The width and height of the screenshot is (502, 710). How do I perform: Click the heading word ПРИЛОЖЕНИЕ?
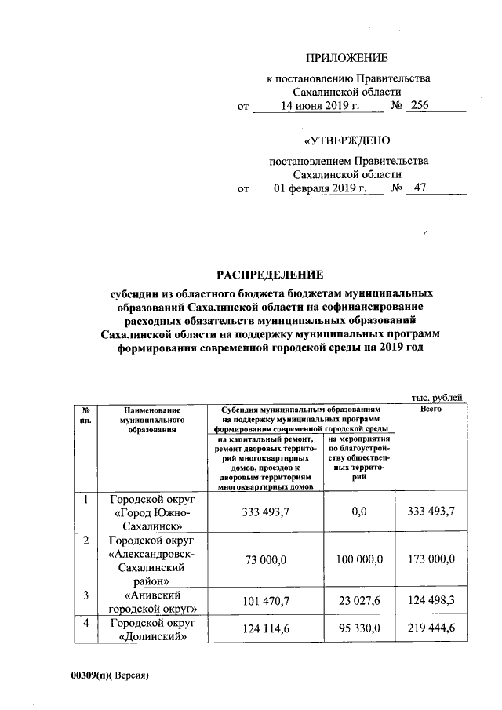coord(346,58)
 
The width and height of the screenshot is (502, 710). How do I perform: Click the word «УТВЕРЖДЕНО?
coord(347,141)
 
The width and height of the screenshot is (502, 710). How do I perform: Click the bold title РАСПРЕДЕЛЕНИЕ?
coord(269,275)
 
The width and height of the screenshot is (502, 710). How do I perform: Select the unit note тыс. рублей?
coord(438,398)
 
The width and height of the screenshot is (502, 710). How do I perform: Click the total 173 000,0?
coord(431,559)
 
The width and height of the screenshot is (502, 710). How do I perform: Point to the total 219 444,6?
coord(431,630)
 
